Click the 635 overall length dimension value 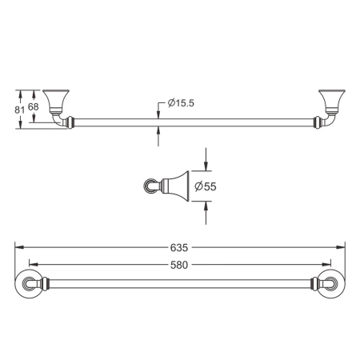pyautogui.click(x=181, y=246)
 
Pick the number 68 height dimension pyautogui.click(x=34, y=107)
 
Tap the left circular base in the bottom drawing pyautogui.click(x=30, y=284)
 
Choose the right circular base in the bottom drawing pyautogui.click(x=330, y=284)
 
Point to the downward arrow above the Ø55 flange pyautogui.click(x=207, y=166)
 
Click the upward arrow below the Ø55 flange pyautogui.click(x=207, y=207)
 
